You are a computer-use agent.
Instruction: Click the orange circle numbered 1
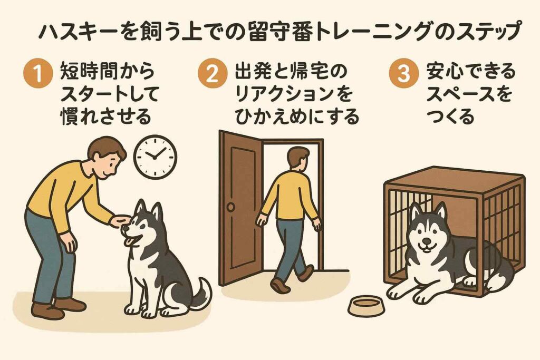point(38,73)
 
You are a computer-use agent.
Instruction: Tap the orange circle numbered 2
point(213,73)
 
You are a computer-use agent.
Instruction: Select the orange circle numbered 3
point(404,73)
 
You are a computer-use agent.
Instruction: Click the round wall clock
point(155,157)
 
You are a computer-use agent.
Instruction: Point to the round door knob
point(230,207)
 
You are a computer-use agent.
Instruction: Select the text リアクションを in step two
point(293,94)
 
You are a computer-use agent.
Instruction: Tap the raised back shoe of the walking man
point(279,285)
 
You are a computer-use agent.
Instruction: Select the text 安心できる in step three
point(470,72)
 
